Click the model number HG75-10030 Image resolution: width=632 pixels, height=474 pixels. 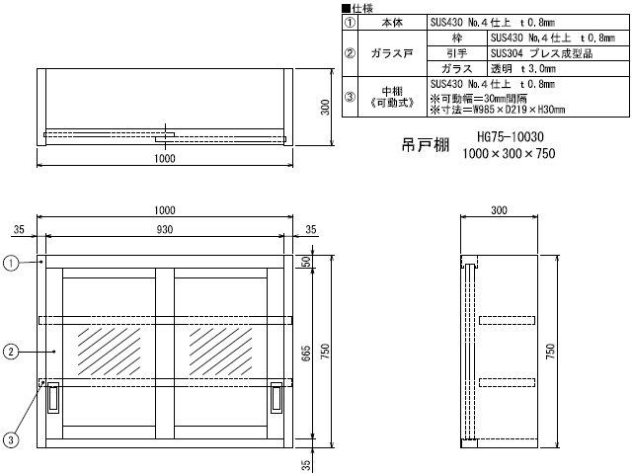click(x=511, y=137)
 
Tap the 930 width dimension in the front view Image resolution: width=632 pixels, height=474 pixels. click(x=165, y=230)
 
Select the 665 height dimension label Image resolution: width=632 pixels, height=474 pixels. click(x=306, y=354)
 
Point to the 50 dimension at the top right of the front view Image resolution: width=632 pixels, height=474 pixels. click(x=306, y=262)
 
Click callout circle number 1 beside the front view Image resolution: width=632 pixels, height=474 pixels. click(x=11, y=264)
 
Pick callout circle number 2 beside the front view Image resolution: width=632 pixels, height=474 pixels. click(x=11, y=352)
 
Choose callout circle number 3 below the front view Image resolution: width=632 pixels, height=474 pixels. click(x=11, y=439)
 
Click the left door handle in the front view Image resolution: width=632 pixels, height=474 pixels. click(x=53, y=397)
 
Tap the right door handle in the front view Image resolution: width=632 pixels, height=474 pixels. click(x=276, y=397)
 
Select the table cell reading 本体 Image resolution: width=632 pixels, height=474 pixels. click(x=392, y=22)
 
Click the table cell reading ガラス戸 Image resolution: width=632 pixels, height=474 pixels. click(x=392, y=53)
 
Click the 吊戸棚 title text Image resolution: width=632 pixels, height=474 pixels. click(x=426, y=145)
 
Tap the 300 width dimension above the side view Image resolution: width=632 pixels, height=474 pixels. click(x=499, y=210)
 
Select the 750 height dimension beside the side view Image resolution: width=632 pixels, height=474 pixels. click(x=550, y=352)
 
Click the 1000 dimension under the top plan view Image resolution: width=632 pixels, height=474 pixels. click(x=165, y=158)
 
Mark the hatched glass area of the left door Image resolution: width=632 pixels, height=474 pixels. click(x=109, y=352)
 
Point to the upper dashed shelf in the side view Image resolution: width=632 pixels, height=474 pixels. click(x=507, y=320)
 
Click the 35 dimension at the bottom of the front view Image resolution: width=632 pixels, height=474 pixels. click(x=306, y=465)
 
